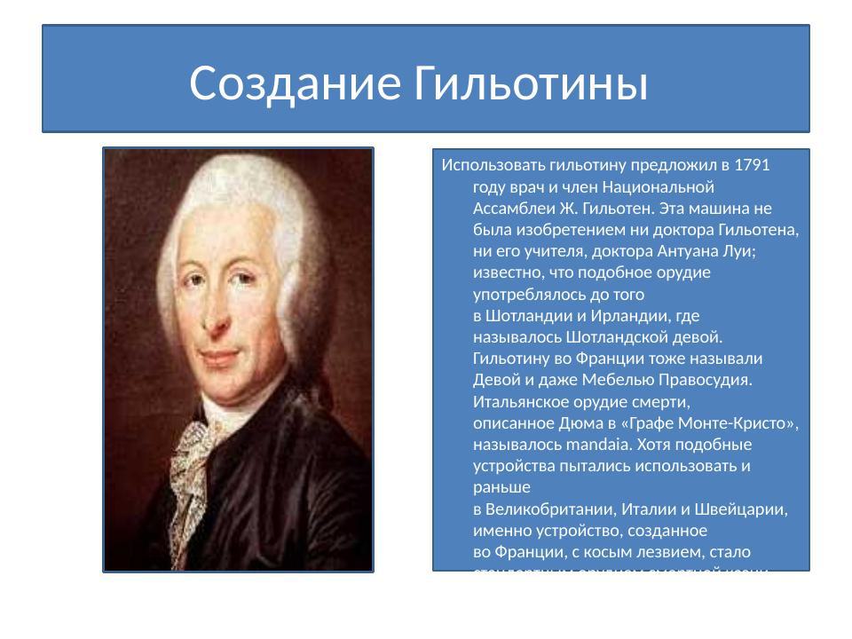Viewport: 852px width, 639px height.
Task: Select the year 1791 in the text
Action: [753, 165]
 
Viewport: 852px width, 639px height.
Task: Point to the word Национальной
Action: [659, 187]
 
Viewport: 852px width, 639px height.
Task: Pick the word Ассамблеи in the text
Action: [511, 209]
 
